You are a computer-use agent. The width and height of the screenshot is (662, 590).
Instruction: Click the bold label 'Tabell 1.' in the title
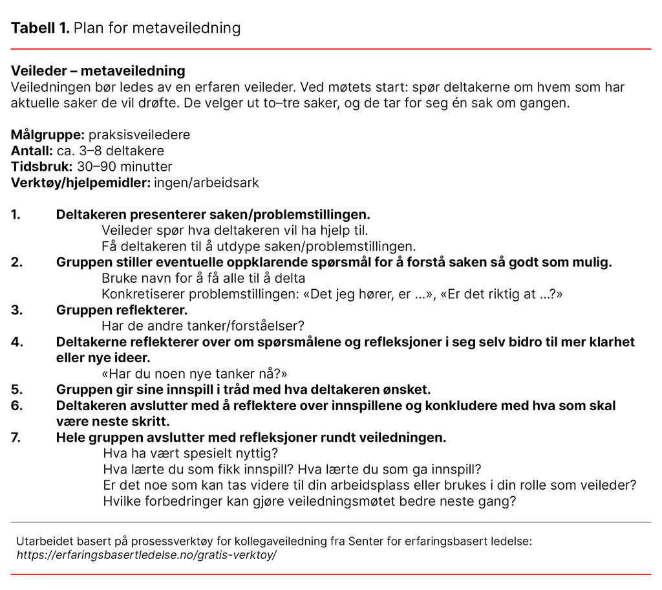40,28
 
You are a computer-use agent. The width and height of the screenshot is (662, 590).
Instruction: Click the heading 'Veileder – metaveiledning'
98,71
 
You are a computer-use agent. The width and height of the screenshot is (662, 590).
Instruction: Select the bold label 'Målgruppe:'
48,135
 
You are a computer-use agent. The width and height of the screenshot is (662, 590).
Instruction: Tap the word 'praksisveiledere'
139,135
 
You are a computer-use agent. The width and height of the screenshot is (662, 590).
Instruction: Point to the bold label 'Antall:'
32,151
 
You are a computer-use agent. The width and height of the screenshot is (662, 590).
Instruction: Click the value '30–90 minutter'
129,167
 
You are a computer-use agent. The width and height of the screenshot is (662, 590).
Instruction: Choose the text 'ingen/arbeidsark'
206,182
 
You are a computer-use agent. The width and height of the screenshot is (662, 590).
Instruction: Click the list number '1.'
16,215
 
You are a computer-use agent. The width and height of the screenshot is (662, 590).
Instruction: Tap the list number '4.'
17,342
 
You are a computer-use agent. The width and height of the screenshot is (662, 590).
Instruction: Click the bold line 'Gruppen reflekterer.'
122,310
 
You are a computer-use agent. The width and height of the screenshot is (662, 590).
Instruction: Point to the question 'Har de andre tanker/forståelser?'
202,326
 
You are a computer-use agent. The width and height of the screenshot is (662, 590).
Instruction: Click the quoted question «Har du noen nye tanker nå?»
194,374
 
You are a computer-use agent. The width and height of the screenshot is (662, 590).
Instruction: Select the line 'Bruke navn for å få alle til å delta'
203,278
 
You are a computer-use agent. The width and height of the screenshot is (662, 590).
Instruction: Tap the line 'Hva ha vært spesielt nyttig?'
189,453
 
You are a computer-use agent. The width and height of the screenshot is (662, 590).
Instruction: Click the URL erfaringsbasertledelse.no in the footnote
146,555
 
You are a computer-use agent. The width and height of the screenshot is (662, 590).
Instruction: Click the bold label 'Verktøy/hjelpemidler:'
80,182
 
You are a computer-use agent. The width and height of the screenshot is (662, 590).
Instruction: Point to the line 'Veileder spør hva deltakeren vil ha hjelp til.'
235,230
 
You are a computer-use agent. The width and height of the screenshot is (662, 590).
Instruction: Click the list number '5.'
17,389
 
